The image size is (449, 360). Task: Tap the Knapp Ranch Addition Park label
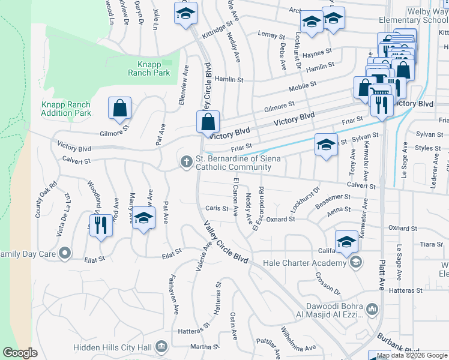[x=65, y=109]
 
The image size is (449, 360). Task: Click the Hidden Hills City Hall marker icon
[x=161, y=346]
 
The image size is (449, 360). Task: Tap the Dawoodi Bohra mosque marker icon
[x=372, y=310]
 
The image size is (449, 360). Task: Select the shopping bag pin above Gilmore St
[x=120, y=109]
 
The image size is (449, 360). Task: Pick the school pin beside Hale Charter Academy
[x=346, y=242]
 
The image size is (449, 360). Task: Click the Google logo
[x=20, y=353]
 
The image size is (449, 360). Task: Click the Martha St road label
[x=204, y=347]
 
